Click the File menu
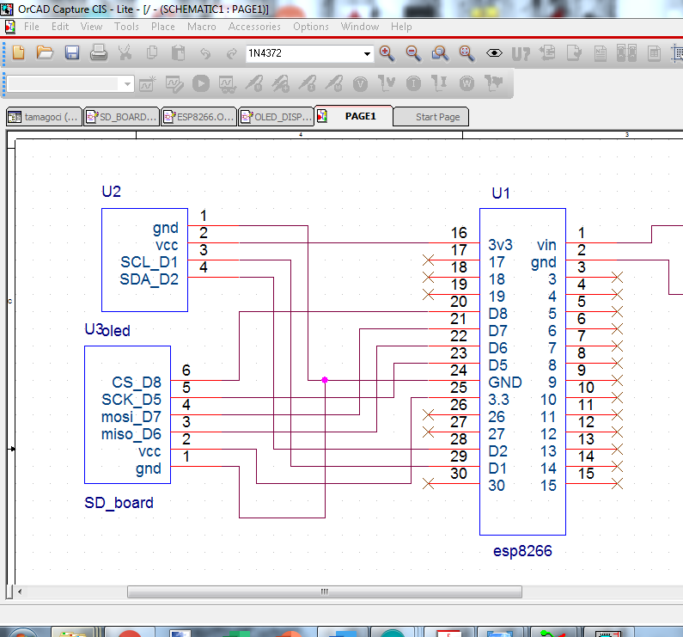point(32,27)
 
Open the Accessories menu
point(254,27)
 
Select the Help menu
point(401,27)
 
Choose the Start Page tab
point(437,117)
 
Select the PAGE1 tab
point(360,116)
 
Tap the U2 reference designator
point(112,192)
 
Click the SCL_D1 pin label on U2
point(149,262)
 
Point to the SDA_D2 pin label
point(149,279)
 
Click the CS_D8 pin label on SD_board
point(137,383)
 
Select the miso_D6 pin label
point(131,434)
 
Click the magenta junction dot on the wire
point(325,380)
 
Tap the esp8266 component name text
point(523,551)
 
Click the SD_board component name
point(119,503)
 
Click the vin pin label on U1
point(546,245)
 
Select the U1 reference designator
point(501,193)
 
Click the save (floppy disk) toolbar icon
point(72,53)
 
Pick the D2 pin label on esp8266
point(497,451)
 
